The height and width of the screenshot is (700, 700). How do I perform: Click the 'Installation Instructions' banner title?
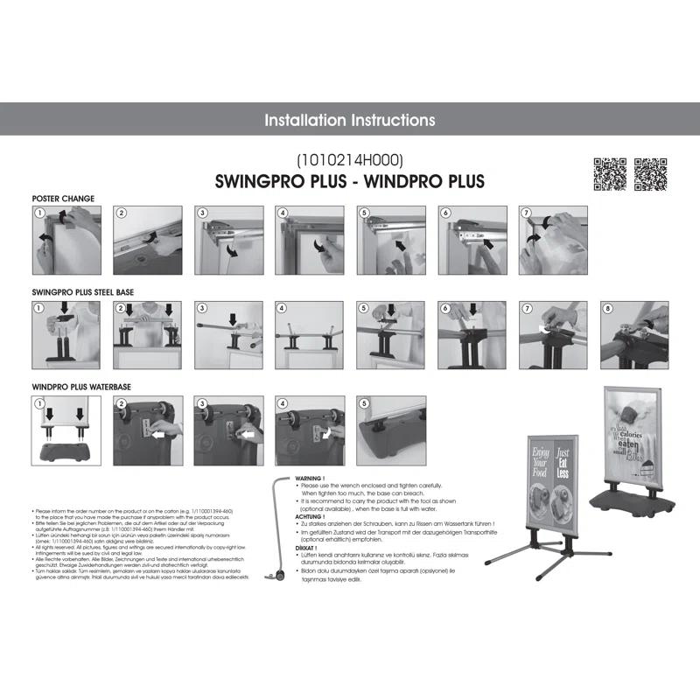(x=349, y=120)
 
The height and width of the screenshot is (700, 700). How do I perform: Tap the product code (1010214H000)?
(x=349, y=161)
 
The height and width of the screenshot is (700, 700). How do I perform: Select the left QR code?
(x=610, y=173)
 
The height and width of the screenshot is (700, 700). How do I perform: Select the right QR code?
(x=650, y=173)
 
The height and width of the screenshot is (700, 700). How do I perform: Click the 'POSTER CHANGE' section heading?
(x=63, y=199)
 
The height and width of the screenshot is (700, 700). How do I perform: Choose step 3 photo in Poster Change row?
(x=229, y=241)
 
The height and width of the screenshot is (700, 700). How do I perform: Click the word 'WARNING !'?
(x=310, y=479)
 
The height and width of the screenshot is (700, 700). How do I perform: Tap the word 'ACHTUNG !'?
(x=310, y=516)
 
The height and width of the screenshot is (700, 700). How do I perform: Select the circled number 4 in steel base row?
(x=282, y=308)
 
